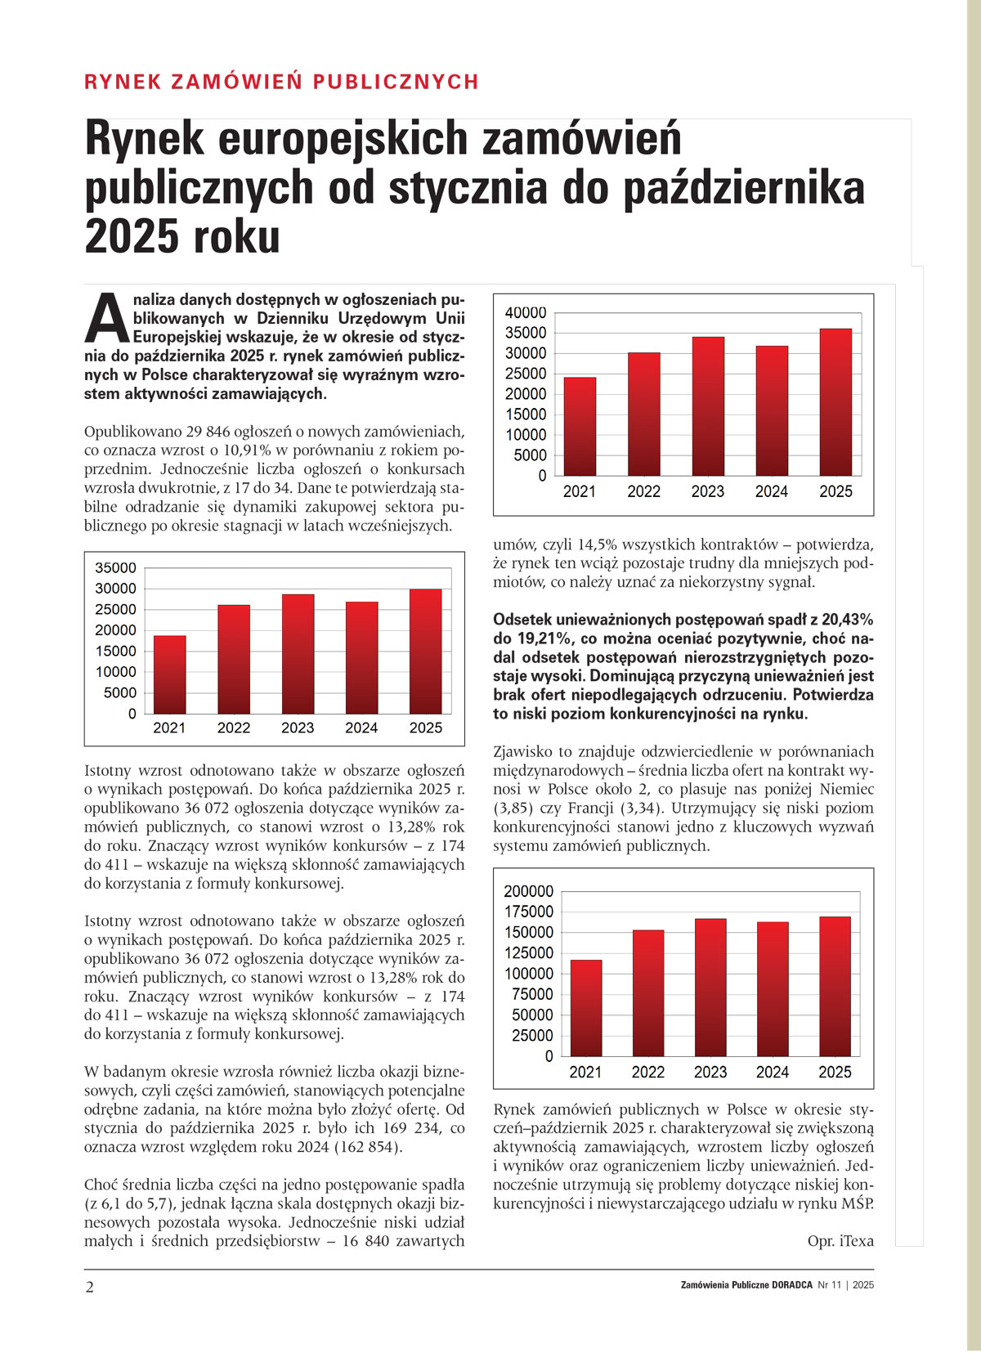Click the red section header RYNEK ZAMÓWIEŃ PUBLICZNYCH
click(x=281, y=82)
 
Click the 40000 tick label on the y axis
click(x=526, y=313)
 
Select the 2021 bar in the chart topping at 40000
click(x=580, y=426)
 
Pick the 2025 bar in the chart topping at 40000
click(x=835, y=401)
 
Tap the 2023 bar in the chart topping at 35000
click(x=298, y=654)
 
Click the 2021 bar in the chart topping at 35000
click(x=169, y=674)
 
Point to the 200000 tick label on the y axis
click(x=529, y=892)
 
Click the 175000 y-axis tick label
click(x=529, y=912)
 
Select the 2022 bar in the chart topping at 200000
click(x=648, y=993)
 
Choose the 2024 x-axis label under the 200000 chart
click(x=773, y=1073)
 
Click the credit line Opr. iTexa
click(x=840, y=1241)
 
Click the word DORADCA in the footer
click(x=792, y=1285)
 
